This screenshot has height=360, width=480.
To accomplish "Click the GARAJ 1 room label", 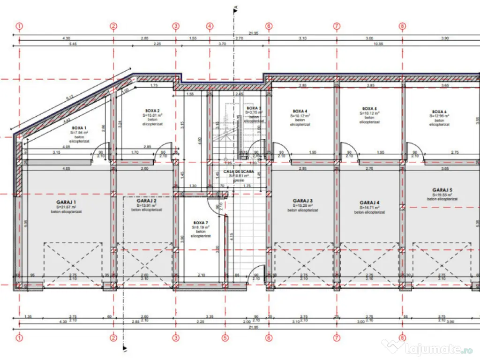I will click(x=66, y=202).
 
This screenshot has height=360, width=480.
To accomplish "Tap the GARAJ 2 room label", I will click(x=146, y=201).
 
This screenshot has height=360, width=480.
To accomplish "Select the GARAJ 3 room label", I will click(x=302, y=200).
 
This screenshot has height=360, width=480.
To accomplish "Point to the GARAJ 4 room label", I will click(x=369, y=202).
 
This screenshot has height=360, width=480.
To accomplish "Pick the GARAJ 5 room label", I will click(x=442, y=190).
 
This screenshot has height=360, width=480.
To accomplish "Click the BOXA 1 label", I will click(x=79, y=127).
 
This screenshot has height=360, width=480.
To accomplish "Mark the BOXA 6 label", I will click(x=439, y=112).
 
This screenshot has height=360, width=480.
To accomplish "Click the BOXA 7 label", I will click(x=200, y=223).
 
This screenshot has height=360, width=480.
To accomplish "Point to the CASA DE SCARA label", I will click(x=239, y=172).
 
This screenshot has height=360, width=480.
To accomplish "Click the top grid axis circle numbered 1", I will click(x=19, y=26).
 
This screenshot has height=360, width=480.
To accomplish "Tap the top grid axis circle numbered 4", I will click(x=210, y=26).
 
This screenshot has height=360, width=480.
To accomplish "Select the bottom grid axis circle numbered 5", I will click(x=225, y=337).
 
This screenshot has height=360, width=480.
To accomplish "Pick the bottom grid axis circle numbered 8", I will click(x=402, y=337).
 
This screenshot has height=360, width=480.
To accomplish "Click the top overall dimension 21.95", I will click(x=254, y=33).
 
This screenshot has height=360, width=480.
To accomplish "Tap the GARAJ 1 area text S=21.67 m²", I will click(x=66, y=207).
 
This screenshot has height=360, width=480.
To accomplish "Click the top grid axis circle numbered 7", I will click(x=337, y=26).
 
